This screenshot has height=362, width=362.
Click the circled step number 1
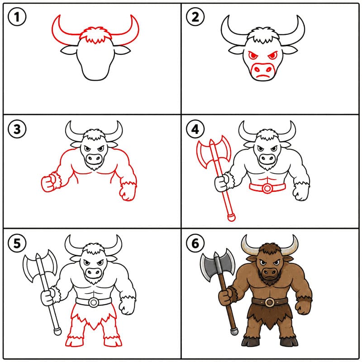(x=17, y=17)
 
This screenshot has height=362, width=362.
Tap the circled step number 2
(x=195, y=17)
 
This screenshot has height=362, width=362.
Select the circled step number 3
(x=17, y=129)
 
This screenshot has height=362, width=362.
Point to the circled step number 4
(x=195, y=129)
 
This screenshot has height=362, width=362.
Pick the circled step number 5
(x=17, y=243)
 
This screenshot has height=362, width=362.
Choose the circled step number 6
(x=195, y=243)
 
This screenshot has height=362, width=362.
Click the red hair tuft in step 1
(x=95, y=35)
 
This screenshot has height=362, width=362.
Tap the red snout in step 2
(x=262, y=71)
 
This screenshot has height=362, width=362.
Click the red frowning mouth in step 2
(x=262, y=76)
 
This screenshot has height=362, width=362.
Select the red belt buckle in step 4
(x=267, y=188)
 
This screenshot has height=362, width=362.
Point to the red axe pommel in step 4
(x=231, y=217)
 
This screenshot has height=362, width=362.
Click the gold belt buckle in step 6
(x=269, y=302)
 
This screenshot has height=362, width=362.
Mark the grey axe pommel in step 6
(x=234, y=332)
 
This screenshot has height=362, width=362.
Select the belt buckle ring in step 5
(x=94, y=302)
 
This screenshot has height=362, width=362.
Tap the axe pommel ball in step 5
(x=57, y=332)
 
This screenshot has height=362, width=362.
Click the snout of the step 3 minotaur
(x=94, y=158)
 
